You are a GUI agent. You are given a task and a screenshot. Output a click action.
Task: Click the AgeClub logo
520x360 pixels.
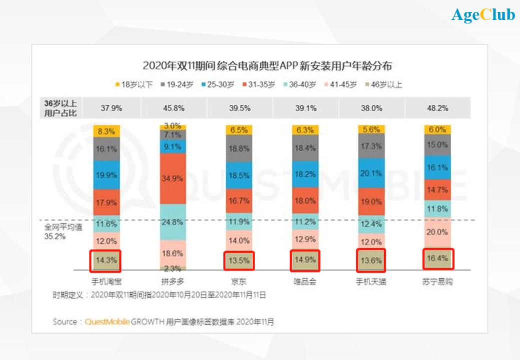483,15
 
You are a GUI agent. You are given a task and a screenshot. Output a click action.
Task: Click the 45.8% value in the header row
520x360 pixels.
172,108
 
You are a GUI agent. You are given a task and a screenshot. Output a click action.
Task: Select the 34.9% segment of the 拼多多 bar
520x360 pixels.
172,178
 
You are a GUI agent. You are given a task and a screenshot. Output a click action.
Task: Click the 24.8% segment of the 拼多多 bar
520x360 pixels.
172,222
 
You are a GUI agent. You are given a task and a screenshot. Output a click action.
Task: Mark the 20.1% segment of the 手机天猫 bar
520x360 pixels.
371,174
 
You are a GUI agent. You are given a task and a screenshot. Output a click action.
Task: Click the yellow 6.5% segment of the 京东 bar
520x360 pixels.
239,130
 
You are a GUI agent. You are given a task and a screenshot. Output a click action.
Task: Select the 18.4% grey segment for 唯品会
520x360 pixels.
305,148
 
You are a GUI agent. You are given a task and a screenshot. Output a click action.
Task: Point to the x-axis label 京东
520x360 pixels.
239,282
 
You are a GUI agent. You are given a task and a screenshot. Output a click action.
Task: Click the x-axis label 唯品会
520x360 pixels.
305,282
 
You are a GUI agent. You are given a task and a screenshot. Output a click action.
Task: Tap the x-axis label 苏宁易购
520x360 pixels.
438,282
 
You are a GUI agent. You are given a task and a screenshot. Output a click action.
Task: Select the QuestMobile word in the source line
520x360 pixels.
107,322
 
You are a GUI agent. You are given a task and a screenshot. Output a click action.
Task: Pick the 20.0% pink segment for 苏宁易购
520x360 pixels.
438,232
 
